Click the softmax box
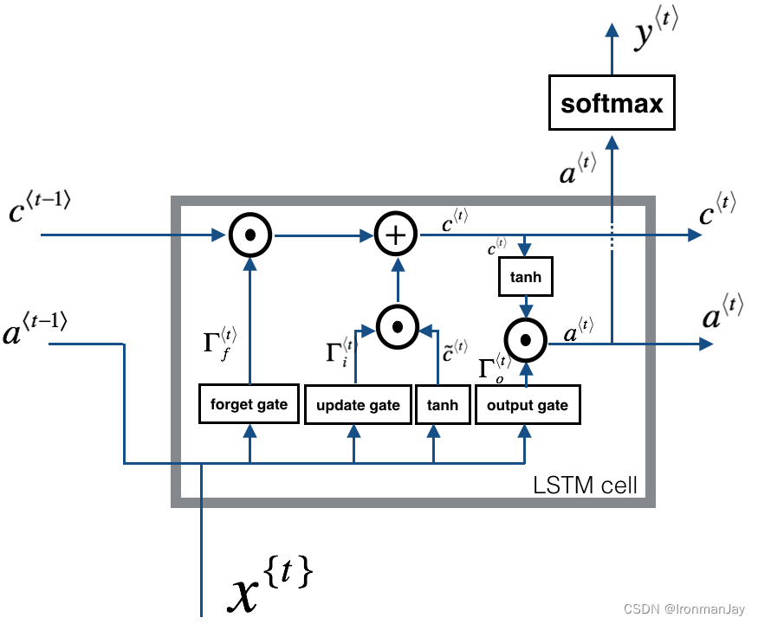612,105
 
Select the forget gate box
249,404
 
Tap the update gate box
358,405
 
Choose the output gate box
527,405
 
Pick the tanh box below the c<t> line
525,277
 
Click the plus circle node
396,235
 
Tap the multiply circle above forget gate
250,235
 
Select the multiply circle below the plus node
397,327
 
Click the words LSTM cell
585,485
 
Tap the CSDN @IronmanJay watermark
685,609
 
